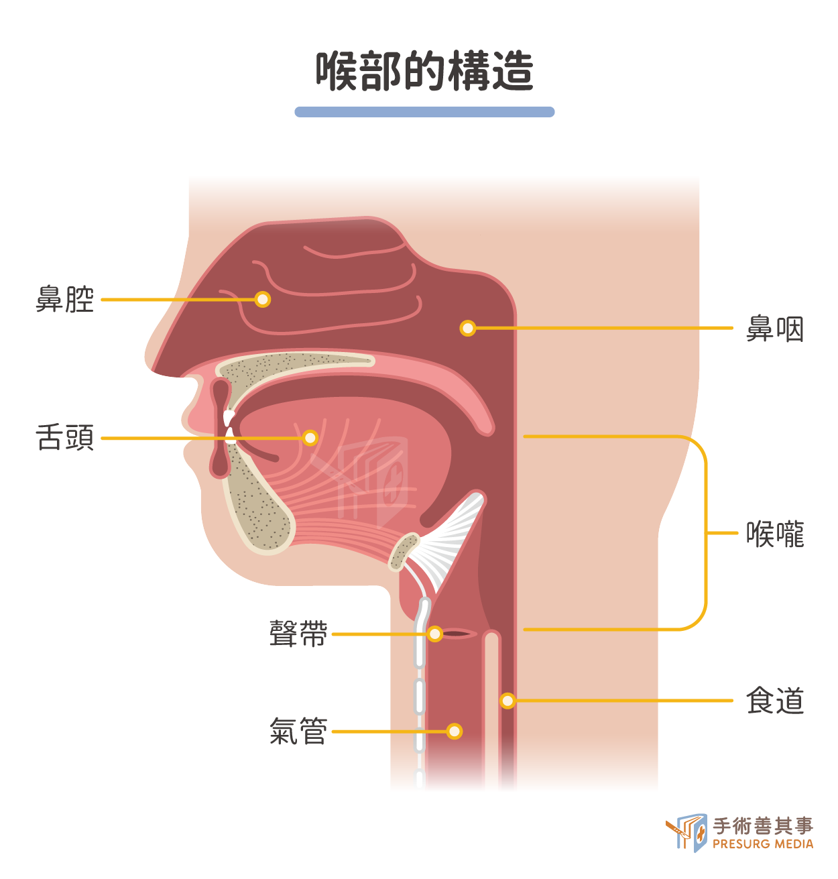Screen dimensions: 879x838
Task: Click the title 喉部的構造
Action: tap(424, 71)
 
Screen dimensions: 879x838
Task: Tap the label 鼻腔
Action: tap(64, 299)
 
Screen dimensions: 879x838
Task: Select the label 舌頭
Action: tap(64, 438)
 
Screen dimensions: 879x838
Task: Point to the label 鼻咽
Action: tap(775, 329)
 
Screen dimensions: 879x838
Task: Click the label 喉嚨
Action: tap(775, 534)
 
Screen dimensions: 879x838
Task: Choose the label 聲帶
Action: tap(298, 634)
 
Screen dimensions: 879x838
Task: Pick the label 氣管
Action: tap(298, 731)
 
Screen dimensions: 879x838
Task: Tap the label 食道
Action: tap(775, 701)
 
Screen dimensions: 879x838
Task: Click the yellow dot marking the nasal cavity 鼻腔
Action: tap(263, 299)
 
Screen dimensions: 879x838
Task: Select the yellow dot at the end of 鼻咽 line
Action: tap(468, 329)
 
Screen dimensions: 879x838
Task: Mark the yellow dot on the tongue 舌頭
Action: tap(310, 438)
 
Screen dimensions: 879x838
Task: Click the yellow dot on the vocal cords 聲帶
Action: tap(435, 634)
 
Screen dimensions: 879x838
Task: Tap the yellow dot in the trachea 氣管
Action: tap(455, 731)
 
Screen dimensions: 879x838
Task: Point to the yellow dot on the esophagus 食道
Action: tap(507, 701)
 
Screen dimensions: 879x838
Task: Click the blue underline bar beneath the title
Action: tap(424, 112)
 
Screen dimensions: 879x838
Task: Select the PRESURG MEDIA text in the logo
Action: tap(763, 844)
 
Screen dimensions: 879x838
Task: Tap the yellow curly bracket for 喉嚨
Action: tap(705, 533)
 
